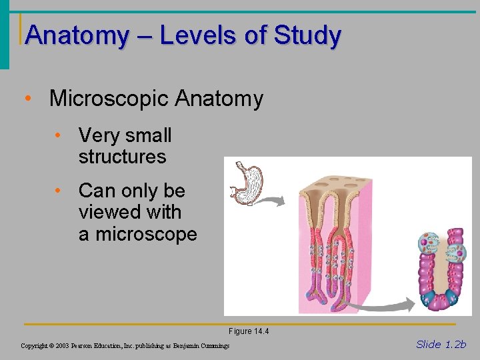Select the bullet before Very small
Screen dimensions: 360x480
(x=59, y=135)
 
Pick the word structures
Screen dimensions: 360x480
(x=122, y=157)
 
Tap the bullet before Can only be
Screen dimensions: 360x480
(x=59, y=191)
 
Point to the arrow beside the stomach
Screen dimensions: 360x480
(x=271, y=199)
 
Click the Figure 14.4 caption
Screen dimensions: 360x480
(x=249, y=331)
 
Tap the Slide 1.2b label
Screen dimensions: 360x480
(x=441, y=344)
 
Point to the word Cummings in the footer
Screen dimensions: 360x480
(x=214, y=346)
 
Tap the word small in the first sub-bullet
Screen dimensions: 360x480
(x=147, y=135)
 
